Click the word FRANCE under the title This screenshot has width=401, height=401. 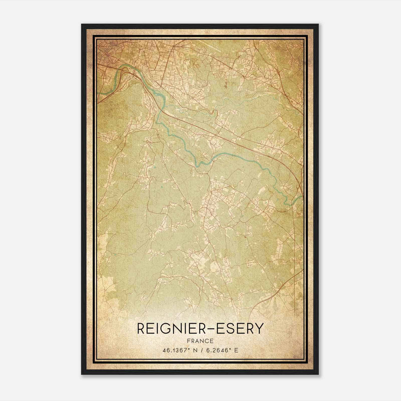[200, 341]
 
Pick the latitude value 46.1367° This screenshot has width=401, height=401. [175, 350]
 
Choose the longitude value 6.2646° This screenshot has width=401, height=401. [218, 350]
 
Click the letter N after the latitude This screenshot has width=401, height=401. [193, 350]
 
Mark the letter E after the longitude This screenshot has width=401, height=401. [236, 350]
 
